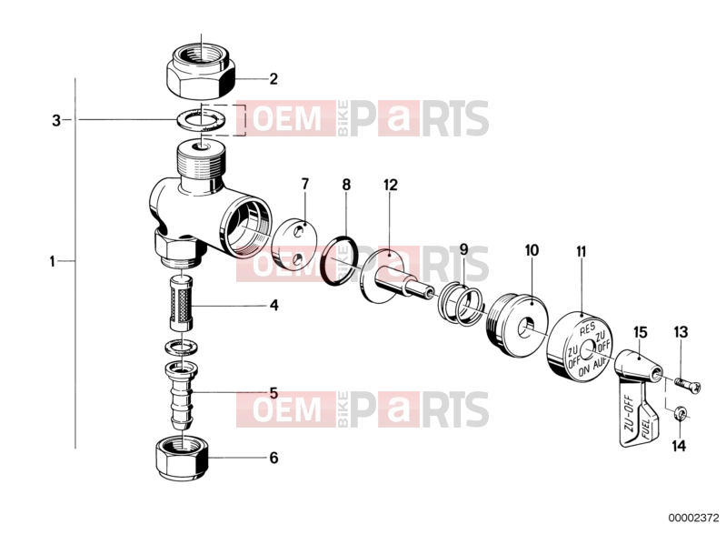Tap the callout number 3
coord(56,120)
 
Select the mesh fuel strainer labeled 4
coord(181,304)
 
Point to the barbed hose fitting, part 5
coord(181,394)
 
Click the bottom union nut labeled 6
coord(181,459)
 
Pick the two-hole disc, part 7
coord(295,247)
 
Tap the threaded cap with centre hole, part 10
coord(518,326)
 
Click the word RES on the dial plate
coord(588,328)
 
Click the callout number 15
coord(641,333)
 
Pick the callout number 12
coord(391,186)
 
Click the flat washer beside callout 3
coord(202,121)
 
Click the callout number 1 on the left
coord(53,262)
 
